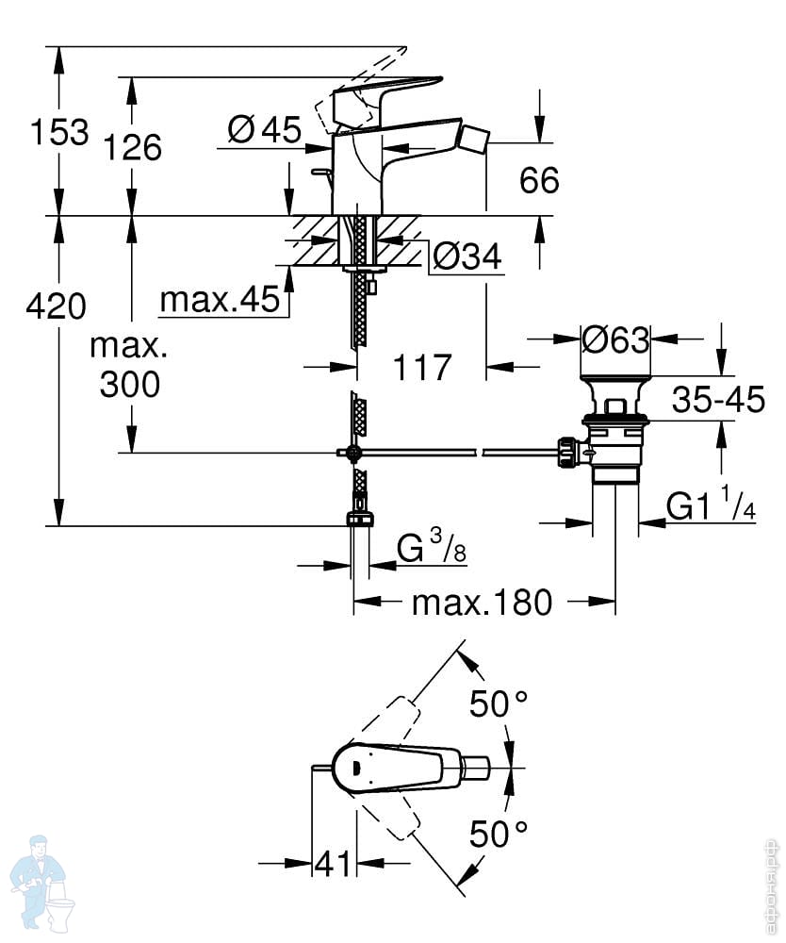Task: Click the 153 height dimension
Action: (58, 132)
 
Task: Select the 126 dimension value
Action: (133, 147)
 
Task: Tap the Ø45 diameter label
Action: (265, 129)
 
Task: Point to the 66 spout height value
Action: (539, 180)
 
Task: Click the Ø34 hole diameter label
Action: (467, 256)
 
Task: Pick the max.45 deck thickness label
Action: (220, 299)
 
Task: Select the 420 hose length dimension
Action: (56, 306)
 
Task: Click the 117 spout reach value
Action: (422, 367)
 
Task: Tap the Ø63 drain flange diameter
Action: (616, 340)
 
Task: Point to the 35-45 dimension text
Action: (718, 399)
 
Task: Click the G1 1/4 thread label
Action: (711, 505)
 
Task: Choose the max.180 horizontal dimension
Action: (482, 603)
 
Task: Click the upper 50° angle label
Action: (499, 703)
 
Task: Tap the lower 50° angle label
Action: (499, 835)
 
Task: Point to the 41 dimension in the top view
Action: (333, 865)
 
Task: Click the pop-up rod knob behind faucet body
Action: (320, 173)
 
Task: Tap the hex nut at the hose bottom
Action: (360, 520)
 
